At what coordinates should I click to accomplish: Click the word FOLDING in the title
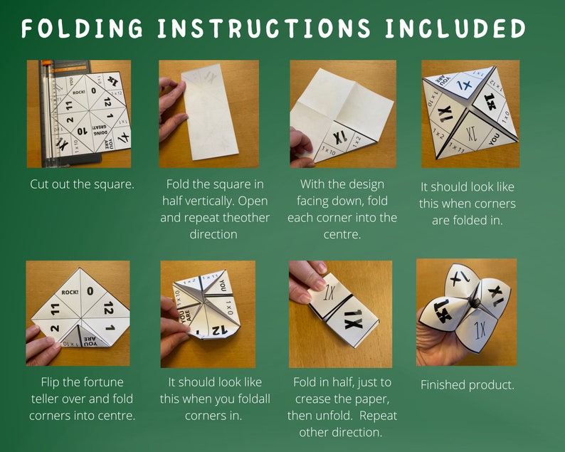80,28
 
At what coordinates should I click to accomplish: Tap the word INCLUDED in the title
455,28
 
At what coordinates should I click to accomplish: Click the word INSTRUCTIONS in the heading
264,28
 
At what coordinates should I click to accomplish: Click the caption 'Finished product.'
467,385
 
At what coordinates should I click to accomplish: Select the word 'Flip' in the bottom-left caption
46,382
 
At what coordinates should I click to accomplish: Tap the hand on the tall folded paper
171,107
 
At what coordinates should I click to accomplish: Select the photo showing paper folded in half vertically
211,114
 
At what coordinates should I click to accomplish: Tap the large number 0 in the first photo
93,90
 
